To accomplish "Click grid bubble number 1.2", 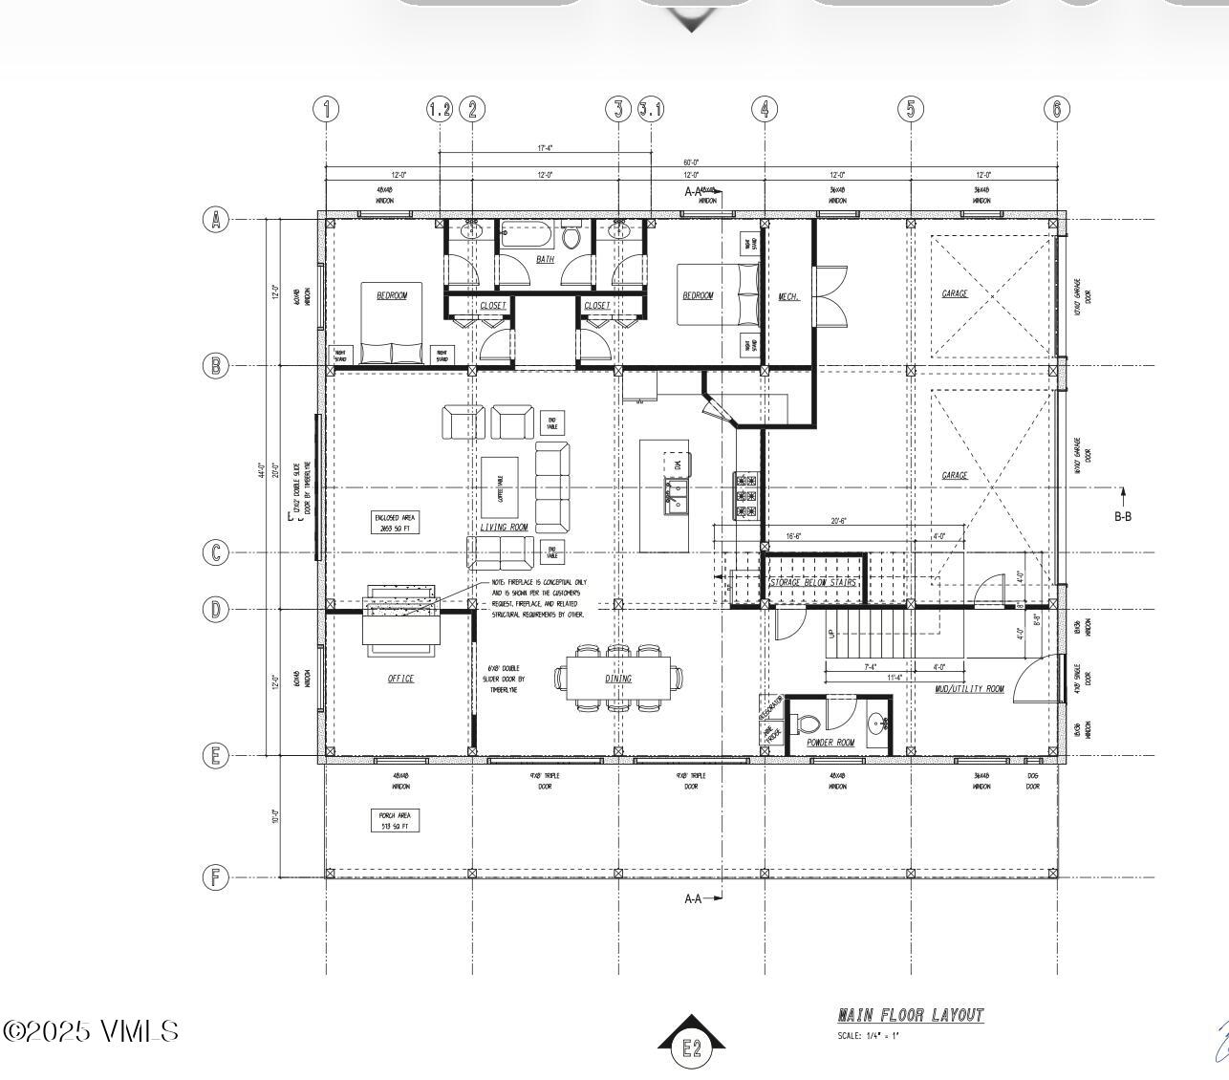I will (x=439, y=109).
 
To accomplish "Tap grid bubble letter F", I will (x=216, y=877).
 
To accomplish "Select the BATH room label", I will (x=545, y=259).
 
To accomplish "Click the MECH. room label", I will (x=788, y=296).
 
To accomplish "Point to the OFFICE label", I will (x=400, y=679).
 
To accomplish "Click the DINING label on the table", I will (x=618, y=679).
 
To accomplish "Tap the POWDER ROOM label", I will (x=830, y=743).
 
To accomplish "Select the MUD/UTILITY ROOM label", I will (x=969, y=688).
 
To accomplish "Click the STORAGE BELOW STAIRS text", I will (x=812, y=582).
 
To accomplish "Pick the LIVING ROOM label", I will (x=503, y=527).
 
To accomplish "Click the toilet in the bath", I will (x=571, y=235).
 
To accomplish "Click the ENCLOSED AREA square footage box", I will (x=395, y=522).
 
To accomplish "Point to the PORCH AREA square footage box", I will (x=394, y=820).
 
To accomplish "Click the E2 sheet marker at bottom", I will (x=691, y=1048).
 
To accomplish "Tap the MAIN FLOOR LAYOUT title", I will (x=910, y=1015).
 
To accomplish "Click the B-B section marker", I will (x=1123, y=516).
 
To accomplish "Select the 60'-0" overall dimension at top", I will (x=691, y=162).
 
